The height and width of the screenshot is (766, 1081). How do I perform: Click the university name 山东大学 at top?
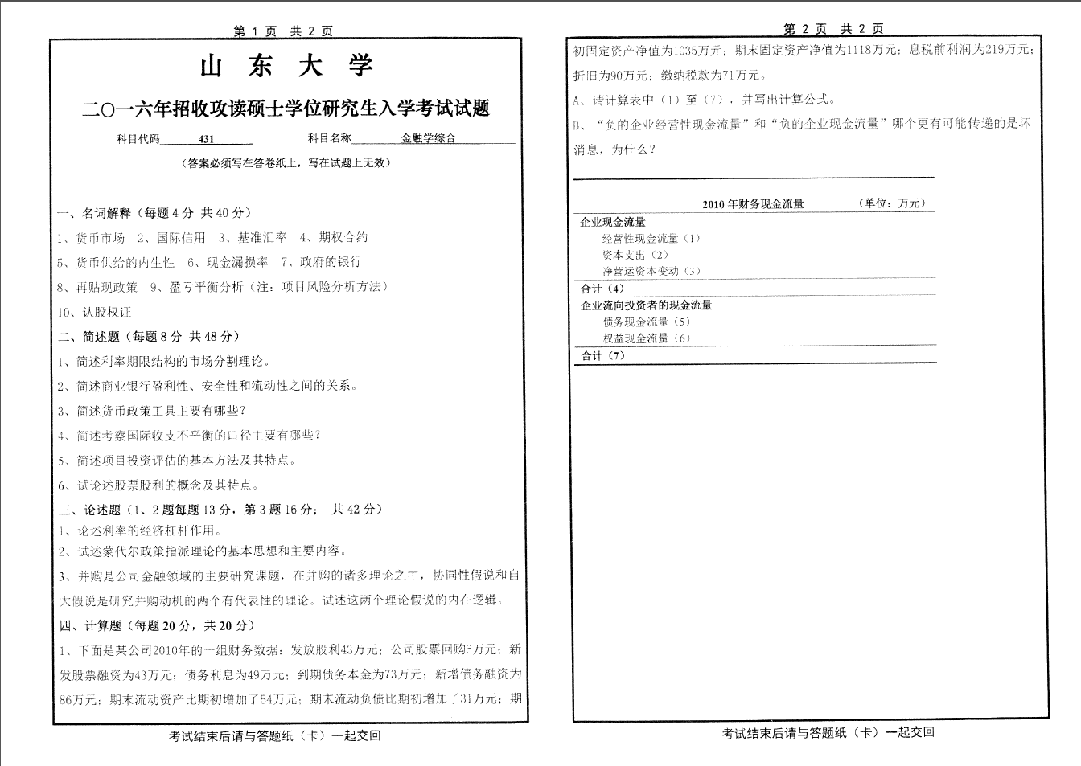point(286,67)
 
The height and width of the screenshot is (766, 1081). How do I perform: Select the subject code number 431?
point(207,138)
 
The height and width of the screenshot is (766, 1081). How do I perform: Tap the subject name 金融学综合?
point(429,138)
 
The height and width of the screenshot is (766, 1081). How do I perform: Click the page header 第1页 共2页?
point(283,31)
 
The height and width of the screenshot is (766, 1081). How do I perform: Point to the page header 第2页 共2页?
point(833,30)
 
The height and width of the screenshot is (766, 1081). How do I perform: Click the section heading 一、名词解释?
point(95,213)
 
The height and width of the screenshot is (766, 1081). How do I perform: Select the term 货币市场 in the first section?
point(101,238)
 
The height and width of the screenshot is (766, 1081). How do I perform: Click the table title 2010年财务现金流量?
point(753,204)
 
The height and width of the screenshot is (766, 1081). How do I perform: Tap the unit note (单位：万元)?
point(892,203)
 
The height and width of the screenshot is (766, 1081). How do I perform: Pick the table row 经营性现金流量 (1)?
point(651,239)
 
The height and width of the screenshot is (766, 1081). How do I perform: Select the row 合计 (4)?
point(602,289)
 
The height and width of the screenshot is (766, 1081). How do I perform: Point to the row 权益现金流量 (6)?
point(647,338)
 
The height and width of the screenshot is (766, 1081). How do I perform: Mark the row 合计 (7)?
point(602,355)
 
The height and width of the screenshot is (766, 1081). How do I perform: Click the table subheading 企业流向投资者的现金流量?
point(647,305)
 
